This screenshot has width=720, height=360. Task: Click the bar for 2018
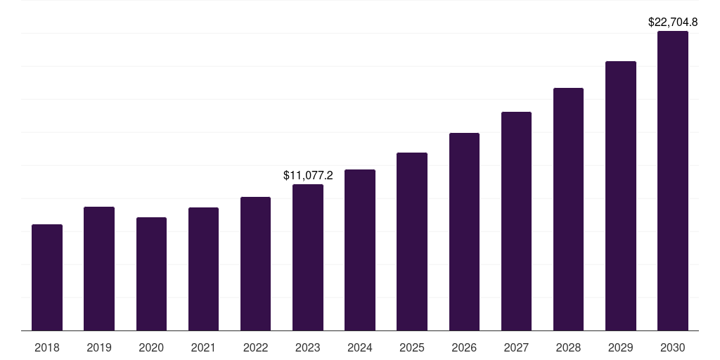(x=47, y=278)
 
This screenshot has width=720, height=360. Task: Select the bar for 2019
(x=99, y=269)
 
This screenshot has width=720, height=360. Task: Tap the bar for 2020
(x=151, y=274)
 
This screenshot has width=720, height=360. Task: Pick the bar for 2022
(x=255, y=264)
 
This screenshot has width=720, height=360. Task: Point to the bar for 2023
(x=308, y=257)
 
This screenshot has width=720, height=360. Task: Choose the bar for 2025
(x=412, y=242)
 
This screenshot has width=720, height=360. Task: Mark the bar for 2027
(x=516, y=221)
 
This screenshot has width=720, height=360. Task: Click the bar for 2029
(x=621, y=196)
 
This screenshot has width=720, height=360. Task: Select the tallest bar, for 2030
(x=673, y=181)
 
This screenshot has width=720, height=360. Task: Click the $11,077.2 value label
(x=308, y=175)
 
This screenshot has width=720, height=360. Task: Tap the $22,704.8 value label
(x=673, y=22)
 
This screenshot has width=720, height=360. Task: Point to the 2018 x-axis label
(x=47, y=347)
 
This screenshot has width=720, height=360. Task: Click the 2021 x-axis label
(x=203, y=347)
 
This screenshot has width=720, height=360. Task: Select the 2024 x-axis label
(x=360, y=347)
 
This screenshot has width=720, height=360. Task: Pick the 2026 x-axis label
(x=464, y=347)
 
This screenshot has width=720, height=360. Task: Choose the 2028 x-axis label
(x=568, y=347)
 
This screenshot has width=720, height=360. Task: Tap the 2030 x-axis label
(x=673, y=347)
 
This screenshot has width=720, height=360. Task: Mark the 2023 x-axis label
(x=308, y=347)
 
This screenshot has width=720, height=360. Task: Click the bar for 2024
(x=360, y=250)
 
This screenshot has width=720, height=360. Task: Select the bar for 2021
(x=203, y=269)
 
